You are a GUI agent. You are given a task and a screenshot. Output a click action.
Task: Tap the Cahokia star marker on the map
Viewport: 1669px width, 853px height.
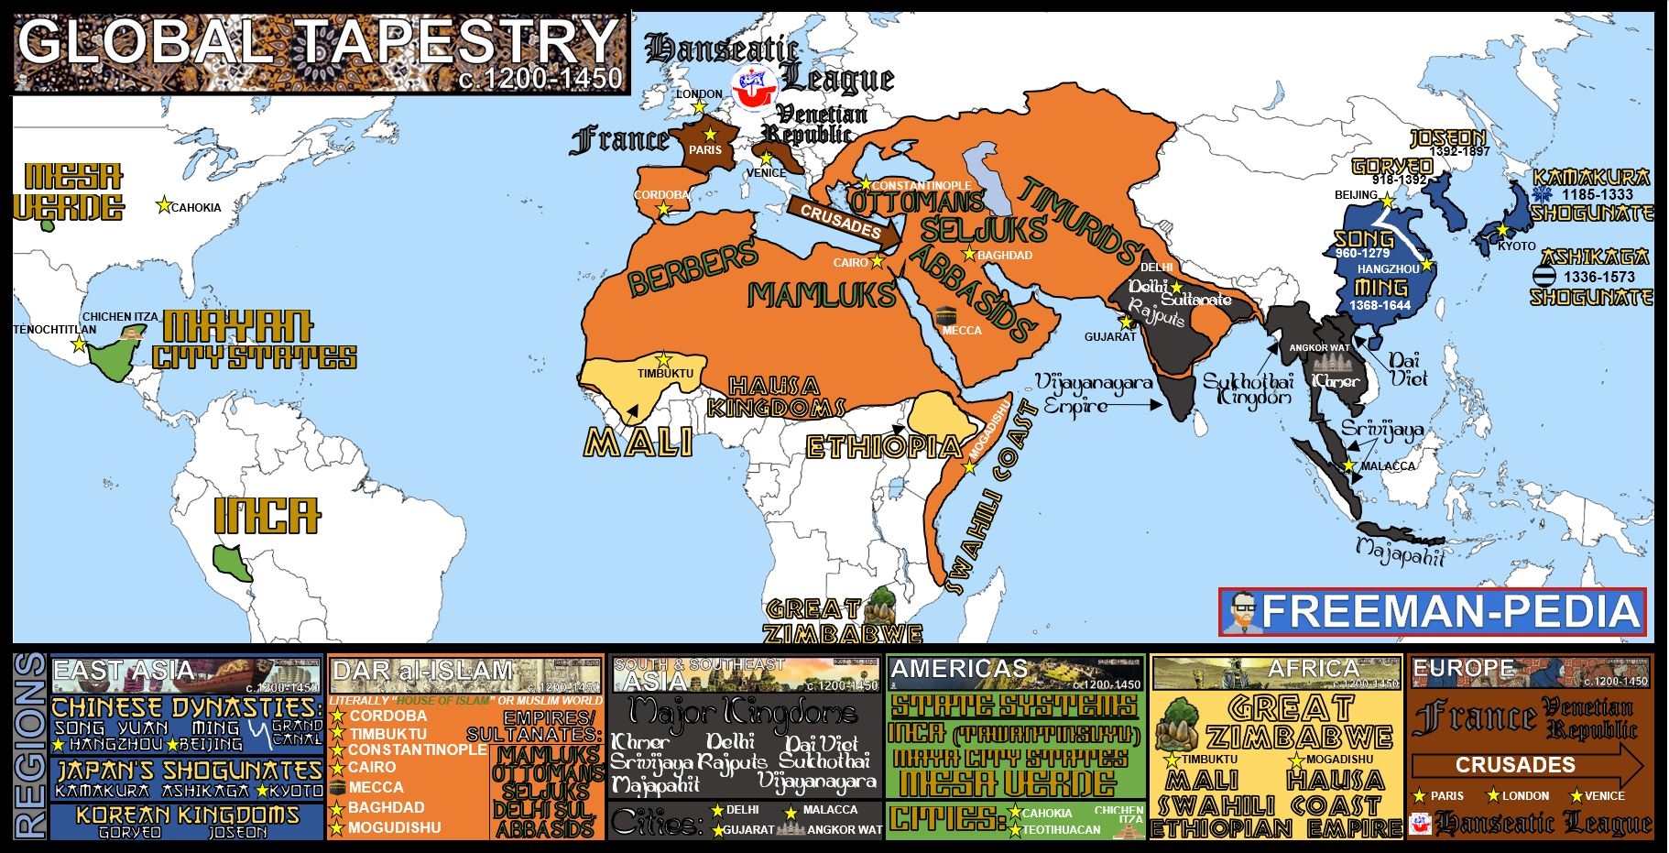[x=164, y=204]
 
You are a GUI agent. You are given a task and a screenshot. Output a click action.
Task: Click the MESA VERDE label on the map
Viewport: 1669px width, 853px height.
[x=68, y=192]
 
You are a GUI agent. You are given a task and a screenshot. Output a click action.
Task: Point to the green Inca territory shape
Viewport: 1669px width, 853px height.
[x=233, y=561]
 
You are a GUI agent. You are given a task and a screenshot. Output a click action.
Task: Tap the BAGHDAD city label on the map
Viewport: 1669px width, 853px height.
[x=1005, y=256]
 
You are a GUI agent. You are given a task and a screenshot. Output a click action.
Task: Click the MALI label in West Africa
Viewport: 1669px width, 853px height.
[x=638, y=443]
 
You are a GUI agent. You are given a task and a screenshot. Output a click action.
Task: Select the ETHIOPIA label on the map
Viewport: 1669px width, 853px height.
[x=883, y=447]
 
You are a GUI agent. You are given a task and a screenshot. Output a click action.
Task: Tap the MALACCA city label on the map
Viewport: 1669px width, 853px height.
[x=1388, y=466]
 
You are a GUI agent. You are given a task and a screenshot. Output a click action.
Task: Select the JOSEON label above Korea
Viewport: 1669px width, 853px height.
[x=1447, y=138]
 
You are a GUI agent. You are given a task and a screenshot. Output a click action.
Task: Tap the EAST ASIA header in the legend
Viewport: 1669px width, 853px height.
[x=124, y=672]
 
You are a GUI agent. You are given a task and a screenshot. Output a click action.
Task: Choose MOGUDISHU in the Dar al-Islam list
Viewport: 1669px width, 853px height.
[x=394, y=828]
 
